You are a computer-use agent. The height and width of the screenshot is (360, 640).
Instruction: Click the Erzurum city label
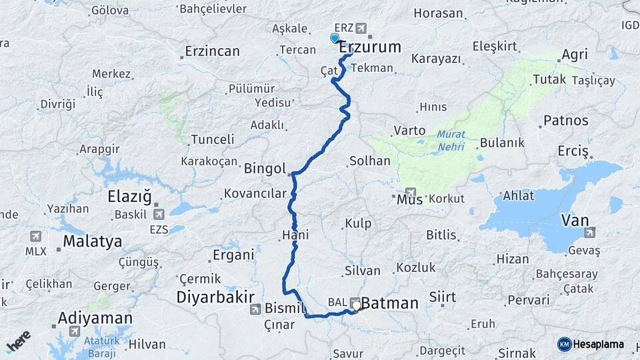(371, 47)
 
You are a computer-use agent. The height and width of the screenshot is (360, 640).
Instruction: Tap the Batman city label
(389, 303)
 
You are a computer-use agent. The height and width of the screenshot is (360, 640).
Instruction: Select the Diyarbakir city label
(217, 297)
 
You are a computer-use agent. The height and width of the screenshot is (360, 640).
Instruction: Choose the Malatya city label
(93, 241)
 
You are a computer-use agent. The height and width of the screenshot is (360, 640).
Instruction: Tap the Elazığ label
(130, 197)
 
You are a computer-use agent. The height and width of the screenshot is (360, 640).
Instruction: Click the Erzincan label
(212, 51)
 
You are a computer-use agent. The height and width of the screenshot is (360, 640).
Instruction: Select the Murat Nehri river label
(451, 139)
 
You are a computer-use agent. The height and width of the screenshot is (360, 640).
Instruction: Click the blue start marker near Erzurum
(335, 38)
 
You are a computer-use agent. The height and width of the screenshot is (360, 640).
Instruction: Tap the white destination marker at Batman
(357, 306)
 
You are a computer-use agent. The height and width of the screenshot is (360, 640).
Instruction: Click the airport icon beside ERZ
(362, 28)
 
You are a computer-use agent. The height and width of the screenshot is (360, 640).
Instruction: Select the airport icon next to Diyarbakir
(255, 309)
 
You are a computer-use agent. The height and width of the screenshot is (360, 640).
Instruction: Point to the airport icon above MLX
(35, 236)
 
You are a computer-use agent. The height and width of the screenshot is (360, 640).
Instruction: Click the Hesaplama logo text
(597, 344)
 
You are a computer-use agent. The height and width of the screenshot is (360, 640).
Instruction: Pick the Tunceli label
(213, 139)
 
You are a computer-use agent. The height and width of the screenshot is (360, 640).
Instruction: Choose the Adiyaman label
(95, 318)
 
